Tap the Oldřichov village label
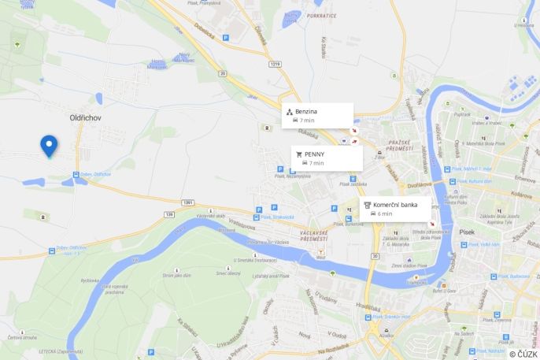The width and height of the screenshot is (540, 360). pos(86,117)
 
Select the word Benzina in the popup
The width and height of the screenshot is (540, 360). pos(306,112)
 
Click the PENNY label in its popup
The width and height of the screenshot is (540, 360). pos(314,154)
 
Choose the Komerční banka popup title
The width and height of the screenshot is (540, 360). pos(395,205)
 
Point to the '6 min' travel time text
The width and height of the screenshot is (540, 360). pos(385,213)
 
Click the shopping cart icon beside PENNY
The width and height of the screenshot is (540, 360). pos(298,154)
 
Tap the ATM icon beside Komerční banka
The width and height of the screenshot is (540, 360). pos(367,205)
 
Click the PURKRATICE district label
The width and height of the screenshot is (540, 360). pos(322,16)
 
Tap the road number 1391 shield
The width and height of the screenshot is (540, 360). pos(187,202)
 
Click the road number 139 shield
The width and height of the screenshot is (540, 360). pos(168,213)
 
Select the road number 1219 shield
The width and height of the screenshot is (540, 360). pos(274,64)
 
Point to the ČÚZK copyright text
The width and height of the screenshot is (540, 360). pos(523,354)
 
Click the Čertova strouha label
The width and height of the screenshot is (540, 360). pos(22,338)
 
